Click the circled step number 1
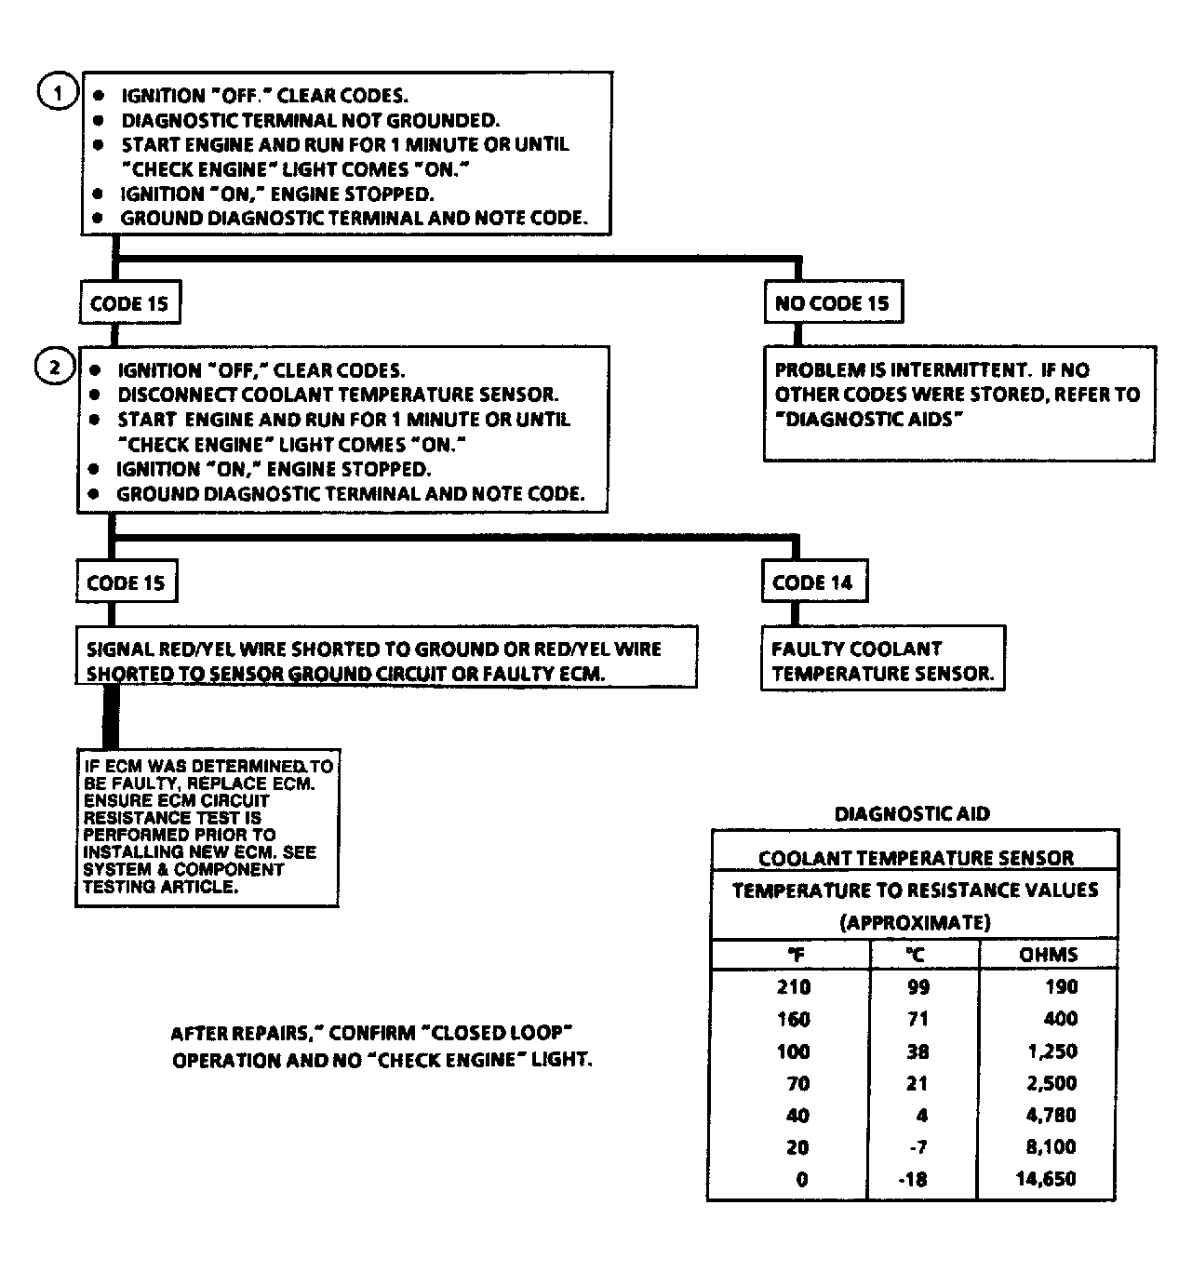point(57,93)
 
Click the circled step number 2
point(54,368)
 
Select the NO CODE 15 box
point(832,302)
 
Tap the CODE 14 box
point(812,582)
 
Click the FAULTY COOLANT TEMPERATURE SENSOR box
point(882,660)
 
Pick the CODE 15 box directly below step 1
point(129,303)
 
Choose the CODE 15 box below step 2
point(126,583)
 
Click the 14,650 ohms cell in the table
point(1046,1179)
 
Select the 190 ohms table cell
point(1060,986)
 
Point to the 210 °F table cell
point(794,986)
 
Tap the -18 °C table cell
point(913,1179)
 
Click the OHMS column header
point(1048,954)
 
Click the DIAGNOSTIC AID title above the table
point(912,813)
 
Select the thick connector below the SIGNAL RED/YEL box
point(112,716)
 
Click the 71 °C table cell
point(917,1019)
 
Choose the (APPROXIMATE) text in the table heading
point(915,922)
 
